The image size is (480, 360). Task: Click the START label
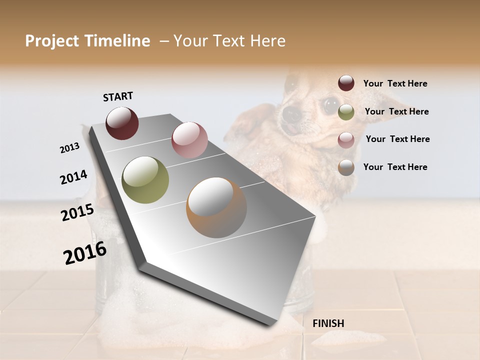(118, 96)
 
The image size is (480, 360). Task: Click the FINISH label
(328, 323)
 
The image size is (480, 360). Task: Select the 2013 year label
(69, 148)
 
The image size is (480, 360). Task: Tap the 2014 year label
(73, 177)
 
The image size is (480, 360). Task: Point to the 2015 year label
(77, 213)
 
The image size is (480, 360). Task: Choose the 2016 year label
(85, 253)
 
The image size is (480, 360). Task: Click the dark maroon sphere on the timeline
(122, 123)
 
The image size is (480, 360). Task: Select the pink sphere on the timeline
(189, 140)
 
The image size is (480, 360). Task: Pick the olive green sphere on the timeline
(145, 180)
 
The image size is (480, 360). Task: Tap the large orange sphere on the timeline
(216, 207)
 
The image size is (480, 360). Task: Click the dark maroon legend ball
(346, 83)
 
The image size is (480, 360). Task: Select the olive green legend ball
(346, 112)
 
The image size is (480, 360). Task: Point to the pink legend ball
(346, 140)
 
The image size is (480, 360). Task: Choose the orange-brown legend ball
(346, 167)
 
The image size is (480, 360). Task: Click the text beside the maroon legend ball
(395, 83)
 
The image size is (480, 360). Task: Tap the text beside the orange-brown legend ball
(395, 167)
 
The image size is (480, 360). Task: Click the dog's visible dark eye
(330, 105)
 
